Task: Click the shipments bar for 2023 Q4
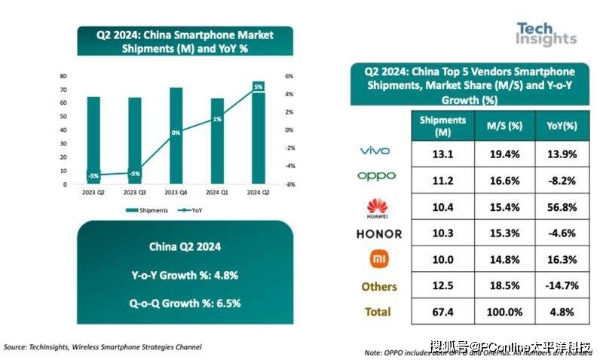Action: tap(176, 136)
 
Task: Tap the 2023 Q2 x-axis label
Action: tap(93, 191)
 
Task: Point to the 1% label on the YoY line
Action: tap(217, 119)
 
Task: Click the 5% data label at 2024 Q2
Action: tap(258, 87)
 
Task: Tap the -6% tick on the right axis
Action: tap(288, 185)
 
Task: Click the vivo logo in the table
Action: tap(375, 151)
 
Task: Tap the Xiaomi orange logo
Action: tap(375, 260)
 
